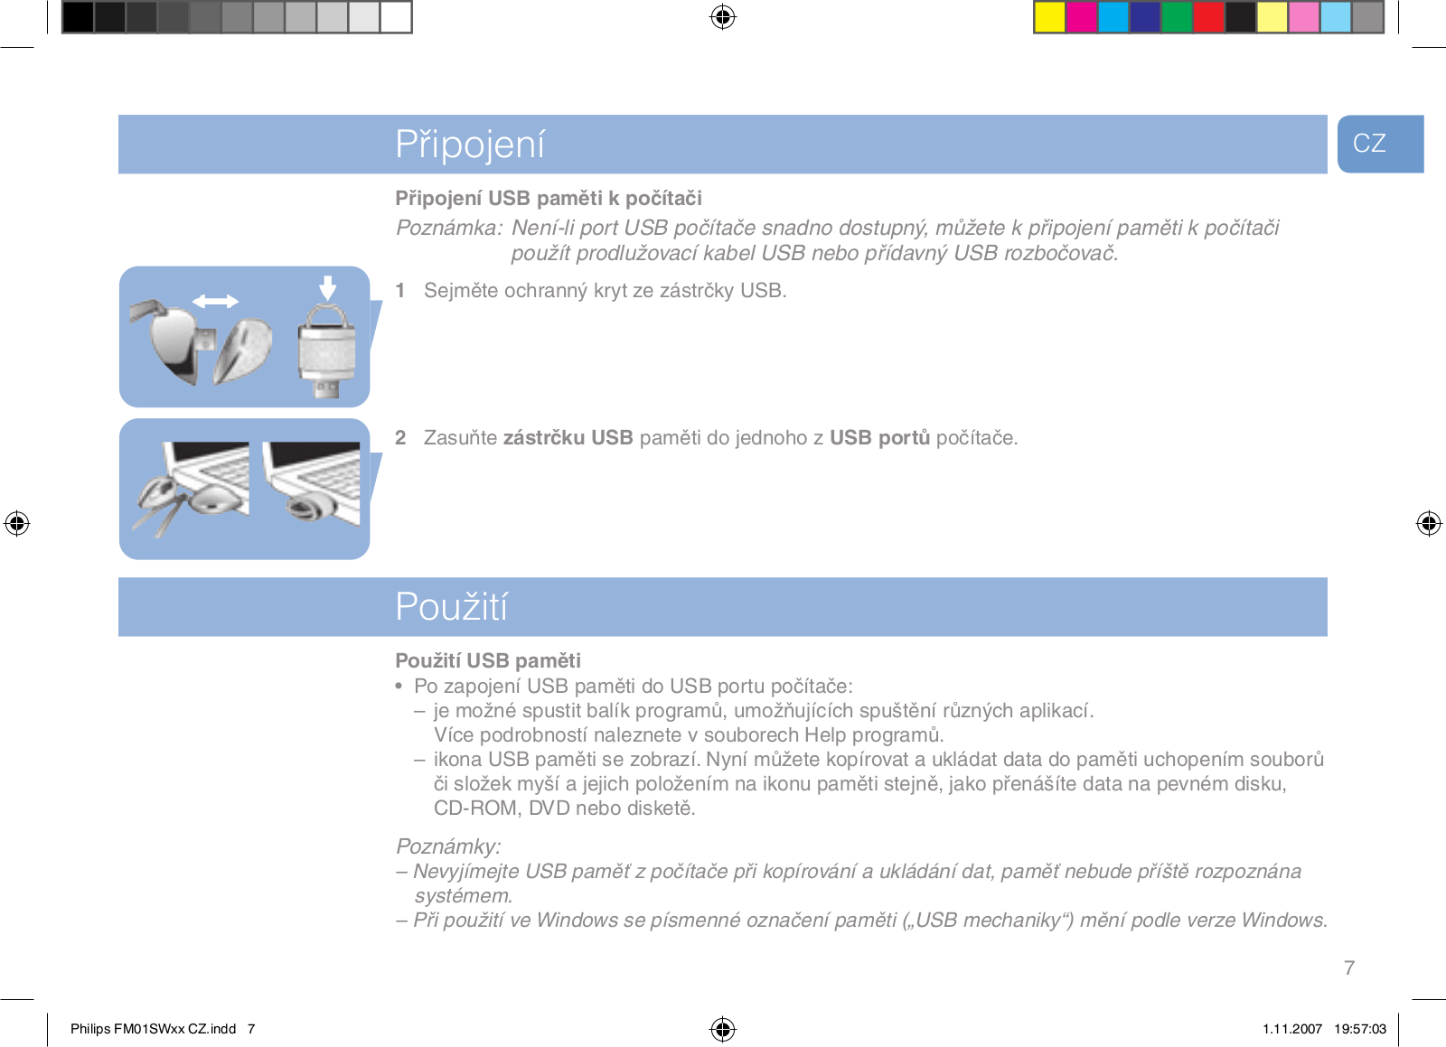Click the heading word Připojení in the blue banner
[470, 145]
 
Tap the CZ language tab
[1380, 144]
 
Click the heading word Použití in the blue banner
[451, 606]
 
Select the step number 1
[400, 290]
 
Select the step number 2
[400, 437]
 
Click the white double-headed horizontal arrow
[215, 301]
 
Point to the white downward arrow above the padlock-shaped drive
[328, 287]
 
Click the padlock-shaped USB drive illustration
[326, 351]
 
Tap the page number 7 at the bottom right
[1349, 968]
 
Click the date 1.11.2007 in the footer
[1292, 1029]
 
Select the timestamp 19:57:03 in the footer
[1360, 1029]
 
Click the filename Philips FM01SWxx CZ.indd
[153, 1029]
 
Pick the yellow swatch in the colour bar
[1049, 17]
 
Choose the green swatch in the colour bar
[1176, 17]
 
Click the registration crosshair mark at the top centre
[723, 17]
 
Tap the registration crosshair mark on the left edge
[17, 522]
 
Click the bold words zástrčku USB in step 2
[568, 437]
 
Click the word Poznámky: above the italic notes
[448, 846]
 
